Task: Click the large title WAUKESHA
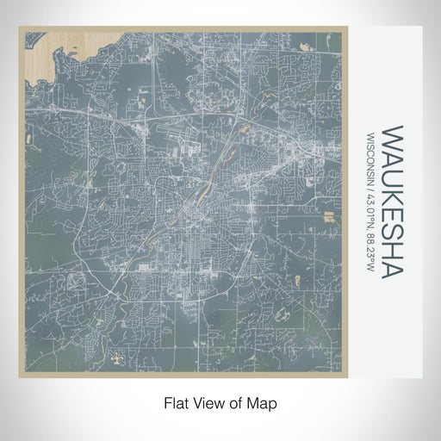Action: coord(392,202)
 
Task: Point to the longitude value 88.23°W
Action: coord(371,251)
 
